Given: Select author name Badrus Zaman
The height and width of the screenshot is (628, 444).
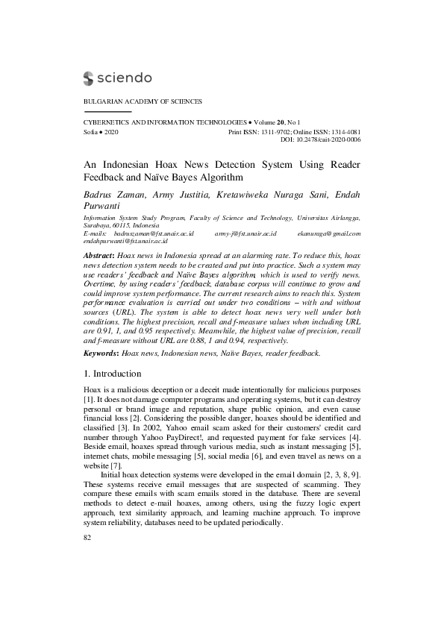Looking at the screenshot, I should point(113,195).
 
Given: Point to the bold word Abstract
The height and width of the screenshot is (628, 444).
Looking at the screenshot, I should point(99,255).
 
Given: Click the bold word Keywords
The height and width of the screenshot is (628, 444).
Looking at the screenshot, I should point(100,352).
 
